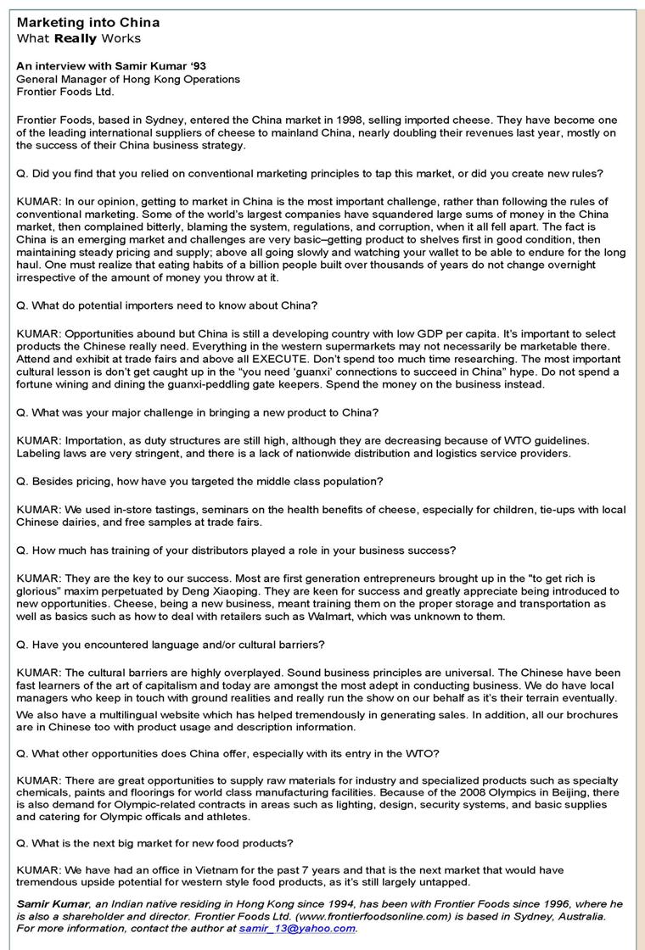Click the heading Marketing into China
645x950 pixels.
click(88, 23)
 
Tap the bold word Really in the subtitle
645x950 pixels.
click(76, 39)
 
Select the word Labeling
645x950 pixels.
click(39, 453)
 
